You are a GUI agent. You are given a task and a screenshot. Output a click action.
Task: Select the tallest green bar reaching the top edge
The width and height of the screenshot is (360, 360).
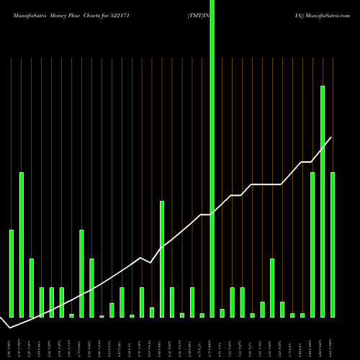point(212,158)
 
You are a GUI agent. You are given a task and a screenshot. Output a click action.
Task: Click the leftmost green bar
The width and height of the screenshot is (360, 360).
point(12,274)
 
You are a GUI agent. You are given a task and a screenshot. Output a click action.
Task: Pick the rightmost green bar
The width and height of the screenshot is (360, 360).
point(333,245)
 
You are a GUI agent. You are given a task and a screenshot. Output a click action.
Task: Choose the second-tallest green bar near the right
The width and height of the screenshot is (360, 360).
point(323,202)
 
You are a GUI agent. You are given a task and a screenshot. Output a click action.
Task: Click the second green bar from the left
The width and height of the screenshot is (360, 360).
point(22,245)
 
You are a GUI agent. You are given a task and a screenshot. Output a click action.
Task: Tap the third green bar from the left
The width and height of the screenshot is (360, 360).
point(32,288)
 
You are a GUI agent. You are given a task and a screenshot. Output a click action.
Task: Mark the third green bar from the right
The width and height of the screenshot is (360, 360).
point(312,245)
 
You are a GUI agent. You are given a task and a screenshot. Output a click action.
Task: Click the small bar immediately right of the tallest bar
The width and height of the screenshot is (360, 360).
point(222,313)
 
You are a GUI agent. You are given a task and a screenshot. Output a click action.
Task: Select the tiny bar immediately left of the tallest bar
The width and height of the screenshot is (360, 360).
point(202,315)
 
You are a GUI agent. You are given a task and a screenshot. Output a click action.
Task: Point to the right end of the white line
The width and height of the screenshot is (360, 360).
point(332,138)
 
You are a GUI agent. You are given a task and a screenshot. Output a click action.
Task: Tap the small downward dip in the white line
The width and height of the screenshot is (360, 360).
point(150,263)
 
